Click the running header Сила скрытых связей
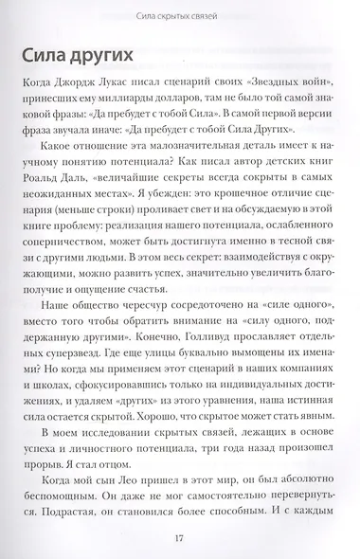click(179, 11)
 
